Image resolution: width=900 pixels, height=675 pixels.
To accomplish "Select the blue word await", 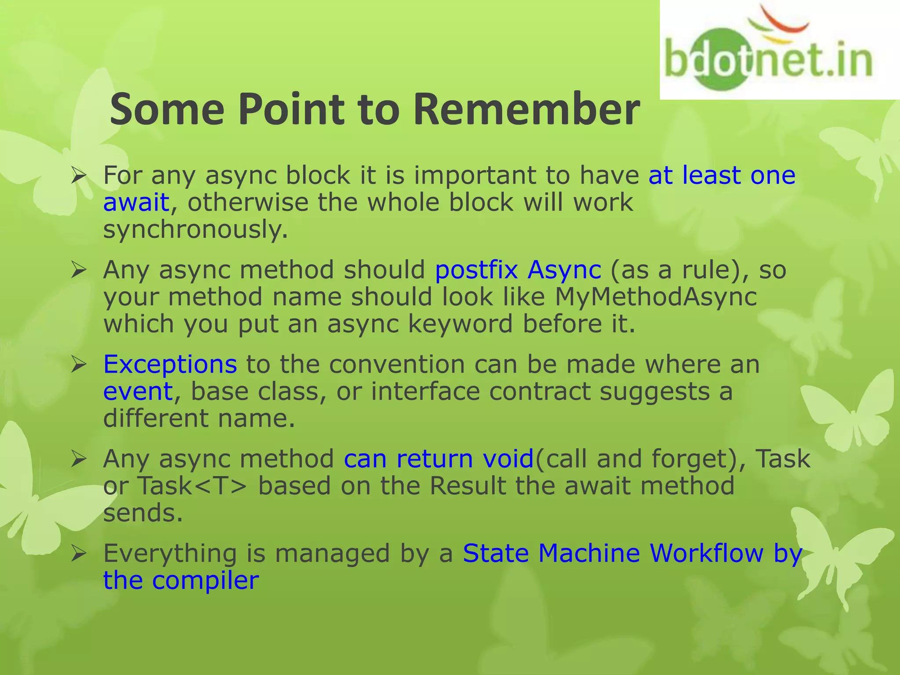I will pos(136,203).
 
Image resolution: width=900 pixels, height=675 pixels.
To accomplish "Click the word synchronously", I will pos(195,230).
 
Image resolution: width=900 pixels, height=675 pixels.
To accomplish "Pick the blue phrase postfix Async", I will pos(518,269).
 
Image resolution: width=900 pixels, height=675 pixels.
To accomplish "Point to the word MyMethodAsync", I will pos(656,297).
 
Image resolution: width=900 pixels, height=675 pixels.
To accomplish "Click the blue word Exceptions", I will pos(170,364).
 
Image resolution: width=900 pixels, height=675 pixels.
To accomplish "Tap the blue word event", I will pos(138,391).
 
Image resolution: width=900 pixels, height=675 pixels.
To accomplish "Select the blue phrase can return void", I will pos(438,459).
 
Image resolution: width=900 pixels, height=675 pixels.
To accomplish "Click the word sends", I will pos(142,513).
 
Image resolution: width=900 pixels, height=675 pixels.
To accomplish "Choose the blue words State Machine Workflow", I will pos(613,553).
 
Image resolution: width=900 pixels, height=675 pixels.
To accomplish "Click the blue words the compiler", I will pos(181,581).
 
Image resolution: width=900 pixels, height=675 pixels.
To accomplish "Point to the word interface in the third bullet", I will pos(425,391).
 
